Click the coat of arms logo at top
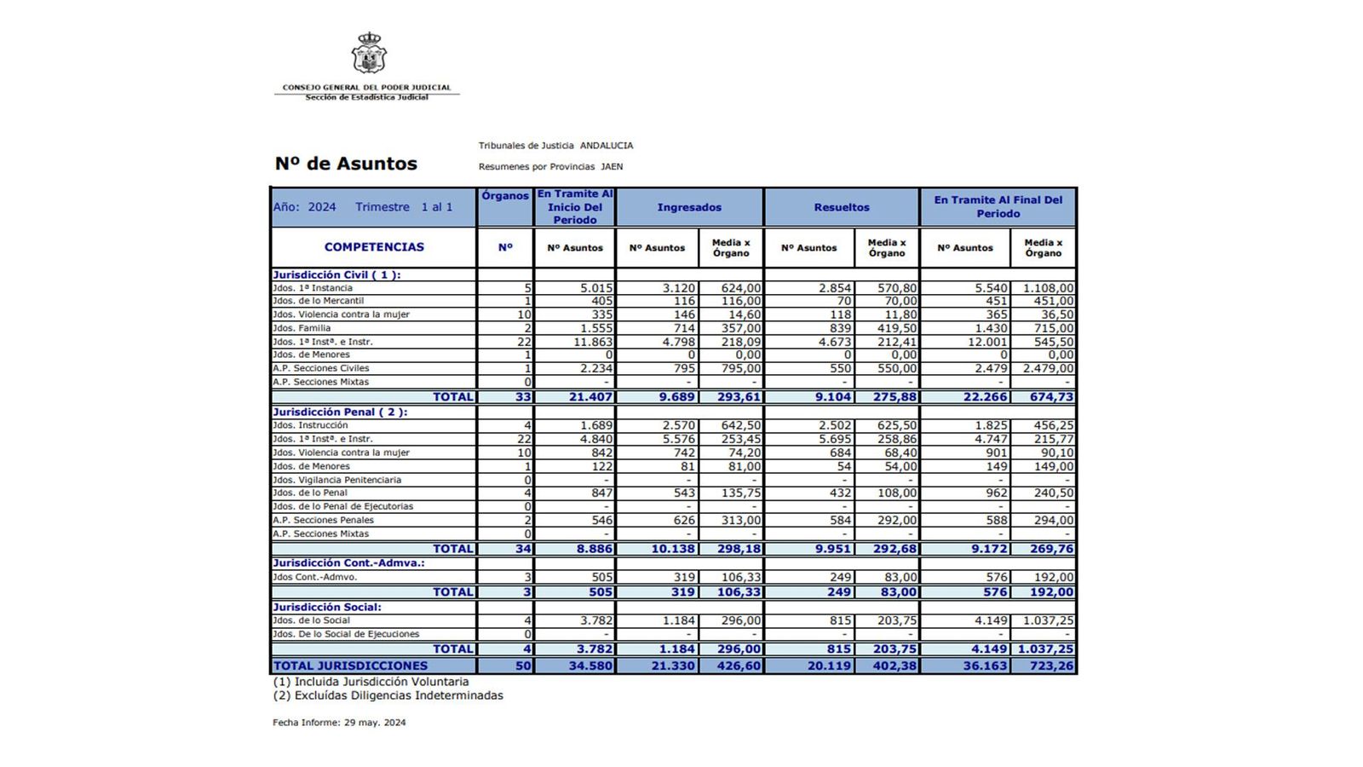point(369,54)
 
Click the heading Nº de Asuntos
point(346,164)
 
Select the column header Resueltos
point(842,207)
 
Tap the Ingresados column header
point(689,207)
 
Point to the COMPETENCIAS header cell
point(374,247)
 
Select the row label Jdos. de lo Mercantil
point(319,301)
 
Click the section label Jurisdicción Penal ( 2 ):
point(340,412)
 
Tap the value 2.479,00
point(1048,369)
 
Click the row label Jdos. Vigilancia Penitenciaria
point(336,480)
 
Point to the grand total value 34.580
point(590,666)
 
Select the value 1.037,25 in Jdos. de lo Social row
point(1045,620)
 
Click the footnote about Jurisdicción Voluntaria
point(371,682)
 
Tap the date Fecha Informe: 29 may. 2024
point(339,723)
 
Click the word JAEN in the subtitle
point(612,167)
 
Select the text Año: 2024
point(304,207)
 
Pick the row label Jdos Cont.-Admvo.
point(315,577)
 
